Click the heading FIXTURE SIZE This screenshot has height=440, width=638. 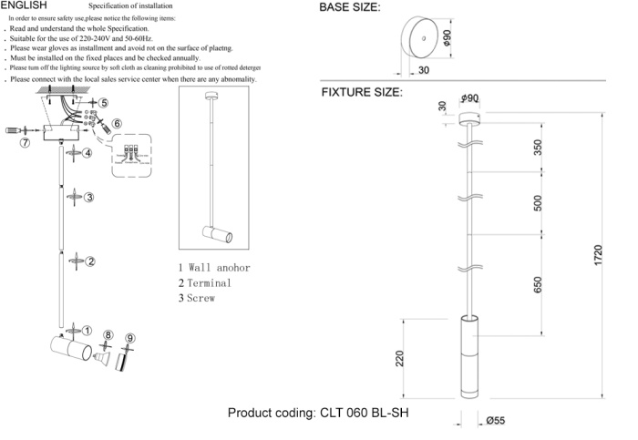361,93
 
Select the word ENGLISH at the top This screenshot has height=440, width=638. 24,5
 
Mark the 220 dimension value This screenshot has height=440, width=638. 399,358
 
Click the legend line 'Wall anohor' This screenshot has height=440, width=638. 214,268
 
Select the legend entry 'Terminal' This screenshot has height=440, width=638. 205,283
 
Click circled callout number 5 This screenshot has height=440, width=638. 104,104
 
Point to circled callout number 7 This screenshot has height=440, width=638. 26,143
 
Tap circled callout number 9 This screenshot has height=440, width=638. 130,339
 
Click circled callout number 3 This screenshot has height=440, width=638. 90,197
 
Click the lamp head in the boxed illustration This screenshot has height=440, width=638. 218,235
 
